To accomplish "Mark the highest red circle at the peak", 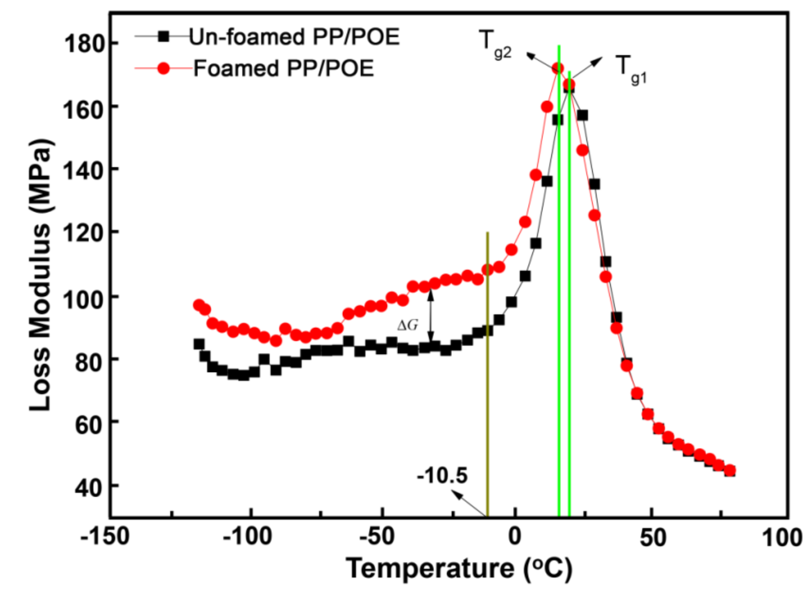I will (x=558, y=68).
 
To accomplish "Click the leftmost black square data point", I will (x=199, y=343).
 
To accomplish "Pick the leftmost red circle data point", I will (x=199, y=305).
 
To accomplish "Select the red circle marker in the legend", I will (x=163, y=68).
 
